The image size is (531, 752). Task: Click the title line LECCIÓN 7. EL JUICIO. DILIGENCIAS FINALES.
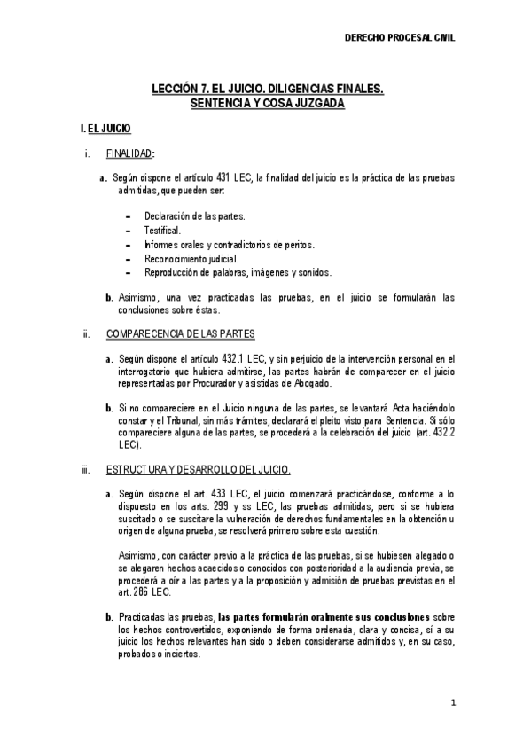pyautogui.click(x=268, y=90)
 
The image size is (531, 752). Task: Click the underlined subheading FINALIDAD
pyautogui.click(x=129, y=153)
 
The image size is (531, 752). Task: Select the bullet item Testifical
pyautogui.click(x=162, y=230)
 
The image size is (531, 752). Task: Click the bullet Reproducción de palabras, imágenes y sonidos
pyautogui.click(x=238, y=272)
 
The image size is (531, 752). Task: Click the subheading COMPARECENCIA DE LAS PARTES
pyautogui.click(x=180, y=334)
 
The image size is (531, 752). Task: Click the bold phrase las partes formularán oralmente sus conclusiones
pyautogui.click(x=324, y=616)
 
